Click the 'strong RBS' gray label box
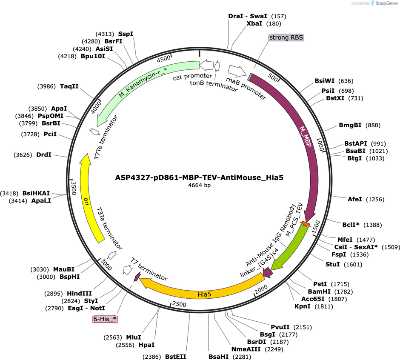pyautogui.click(x=286, y=37)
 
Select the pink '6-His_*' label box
pyautogui.click(x=105, y=319)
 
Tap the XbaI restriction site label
pyautogui.click(x=254, y=23)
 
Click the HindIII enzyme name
pyautogui.click(x=79, y=294)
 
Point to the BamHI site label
pyautogui.click(x=319, y=291)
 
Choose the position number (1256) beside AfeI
pyautogui.click(x=375, y=199)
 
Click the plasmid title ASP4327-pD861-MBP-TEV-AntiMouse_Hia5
pyautogui.click(x=199, y=177)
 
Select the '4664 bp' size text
pyautogui.click(x=199, y=185)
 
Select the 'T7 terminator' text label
pyautogui.click(x=149, y=269)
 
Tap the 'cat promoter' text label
pyautogui.click(x=192, y=76)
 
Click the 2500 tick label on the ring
pyautogui.click(x=179, y=304)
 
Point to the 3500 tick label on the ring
pyautogui.click(x=74, y=188)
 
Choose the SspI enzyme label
pyautogui.click(x=126, y=34)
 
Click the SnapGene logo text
pyautogui.click(x=386, y=3)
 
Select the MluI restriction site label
pyautogui.click(x=134, y=337)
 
